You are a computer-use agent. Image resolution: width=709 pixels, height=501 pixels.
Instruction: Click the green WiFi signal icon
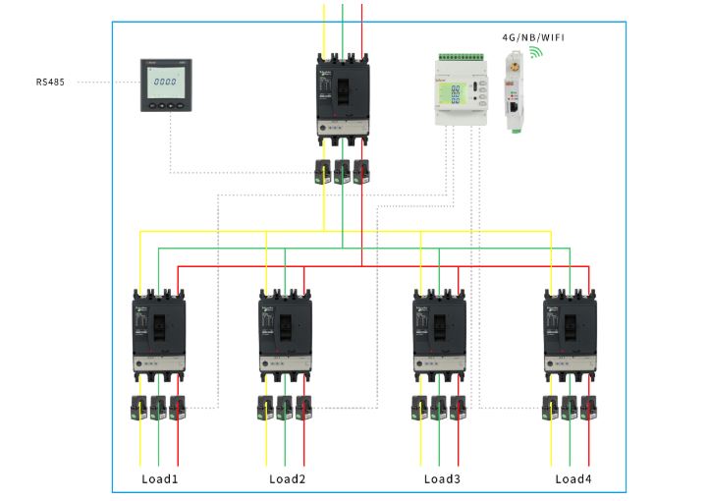coord(535,52)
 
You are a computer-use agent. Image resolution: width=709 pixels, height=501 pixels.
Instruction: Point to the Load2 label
coord(289,479)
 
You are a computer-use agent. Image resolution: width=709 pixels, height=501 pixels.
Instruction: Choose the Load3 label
coord(442,479)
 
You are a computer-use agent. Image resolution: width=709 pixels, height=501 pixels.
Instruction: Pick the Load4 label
coord(573,479)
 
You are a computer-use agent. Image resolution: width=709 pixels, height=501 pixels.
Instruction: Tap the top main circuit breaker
coord(343,99)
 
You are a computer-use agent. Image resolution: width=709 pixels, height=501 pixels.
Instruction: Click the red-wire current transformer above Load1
coord(177,407)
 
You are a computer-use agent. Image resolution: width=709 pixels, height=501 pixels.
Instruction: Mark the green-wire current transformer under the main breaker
coord(342,171)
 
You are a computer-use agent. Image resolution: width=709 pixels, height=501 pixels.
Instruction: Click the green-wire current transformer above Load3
coord(439,407)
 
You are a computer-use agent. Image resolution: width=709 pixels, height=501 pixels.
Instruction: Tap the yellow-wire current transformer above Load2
coord(266,407)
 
